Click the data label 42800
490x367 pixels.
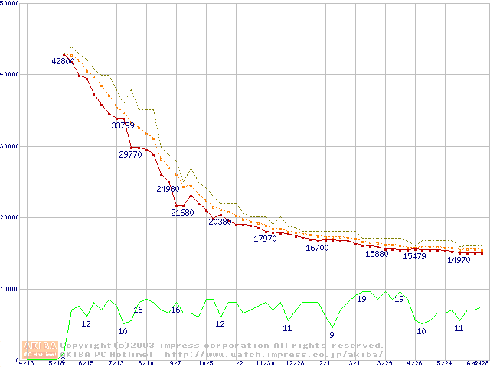[x=63, y=61]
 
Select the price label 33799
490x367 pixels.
[x=122, y=125]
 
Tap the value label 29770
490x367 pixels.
[x=130, y=154]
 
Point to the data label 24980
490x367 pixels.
[x=168, y=189]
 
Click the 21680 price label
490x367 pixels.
[x=182, y=213]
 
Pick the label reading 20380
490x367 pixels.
[x=220, y=222]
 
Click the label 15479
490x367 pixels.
[x=414, y=256]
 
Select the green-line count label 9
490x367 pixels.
[x=332, y=335]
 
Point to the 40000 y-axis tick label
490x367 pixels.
[x=10, y=74]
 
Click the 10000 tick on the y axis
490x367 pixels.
[x=10, y=289]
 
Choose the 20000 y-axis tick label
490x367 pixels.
[x=10, y=217]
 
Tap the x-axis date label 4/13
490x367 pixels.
[x=25, y=363]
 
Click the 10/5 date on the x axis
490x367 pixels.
[x=206, y=363]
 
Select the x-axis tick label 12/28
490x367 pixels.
[x=295, y=363]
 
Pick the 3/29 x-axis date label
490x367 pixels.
[x=384, y=363]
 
